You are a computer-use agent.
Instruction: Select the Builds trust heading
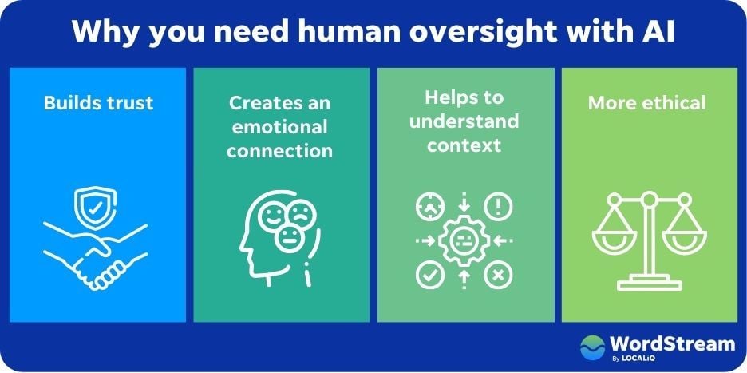[98, 103]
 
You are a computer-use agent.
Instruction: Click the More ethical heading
[647, 103]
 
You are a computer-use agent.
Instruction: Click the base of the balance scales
[647, 283]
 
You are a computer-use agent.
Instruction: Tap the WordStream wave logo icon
[592, 347]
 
